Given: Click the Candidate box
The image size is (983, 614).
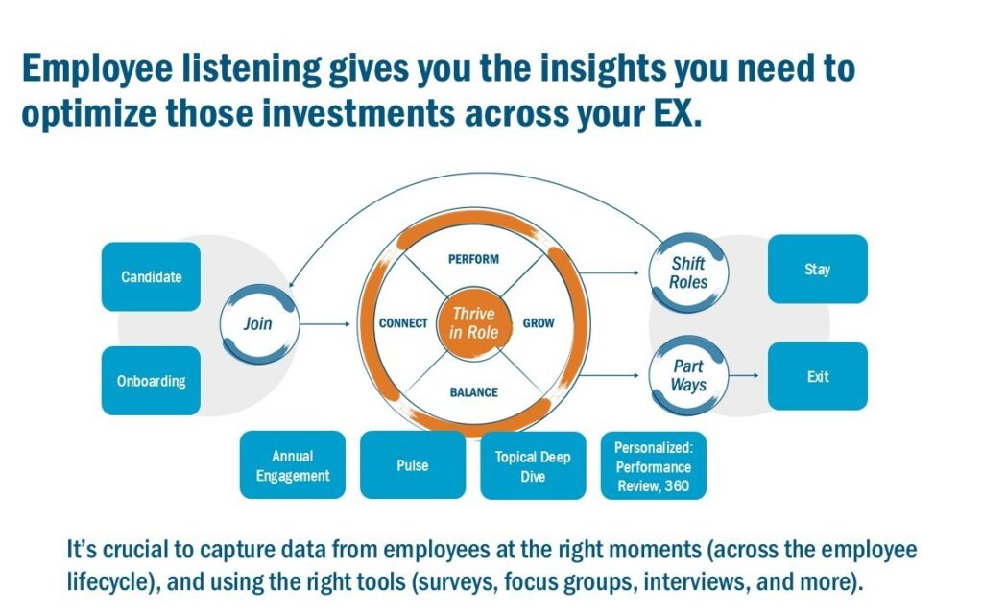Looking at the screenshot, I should [x=151, y=276].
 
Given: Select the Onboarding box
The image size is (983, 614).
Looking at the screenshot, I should [x=151, y=381].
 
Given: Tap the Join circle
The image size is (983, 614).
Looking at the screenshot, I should [x=257, y=323].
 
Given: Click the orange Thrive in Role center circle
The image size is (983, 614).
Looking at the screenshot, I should [x=474, y=323].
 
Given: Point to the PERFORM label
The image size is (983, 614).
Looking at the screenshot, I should [x=474, y=259].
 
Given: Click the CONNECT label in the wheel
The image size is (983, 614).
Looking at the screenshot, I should [x=403, y=323].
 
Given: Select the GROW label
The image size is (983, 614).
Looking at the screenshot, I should [x=539, y=323].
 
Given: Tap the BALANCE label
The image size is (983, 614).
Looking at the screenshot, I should [x=474, y=391].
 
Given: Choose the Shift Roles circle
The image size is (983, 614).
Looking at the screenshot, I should [x=688, y=272].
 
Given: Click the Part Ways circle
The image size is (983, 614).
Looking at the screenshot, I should [x=688, y=375].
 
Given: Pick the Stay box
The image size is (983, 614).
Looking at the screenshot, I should [x=817, y=270].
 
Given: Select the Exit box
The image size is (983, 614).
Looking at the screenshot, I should [x=817, y=376].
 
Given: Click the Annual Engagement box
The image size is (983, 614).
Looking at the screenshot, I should [x=293, y=465].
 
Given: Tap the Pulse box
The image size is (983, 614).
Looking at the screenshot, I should [x=413, y=465].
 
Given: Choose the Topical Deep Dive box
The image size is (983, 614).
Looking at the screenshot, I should [x=533, y=465].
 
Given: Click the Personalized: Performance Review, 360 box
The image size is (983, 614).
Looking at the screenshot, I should [x=653, y=466].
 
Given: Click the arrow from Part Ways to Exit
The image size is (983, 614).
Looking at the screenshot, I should [x=743, y=376].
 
